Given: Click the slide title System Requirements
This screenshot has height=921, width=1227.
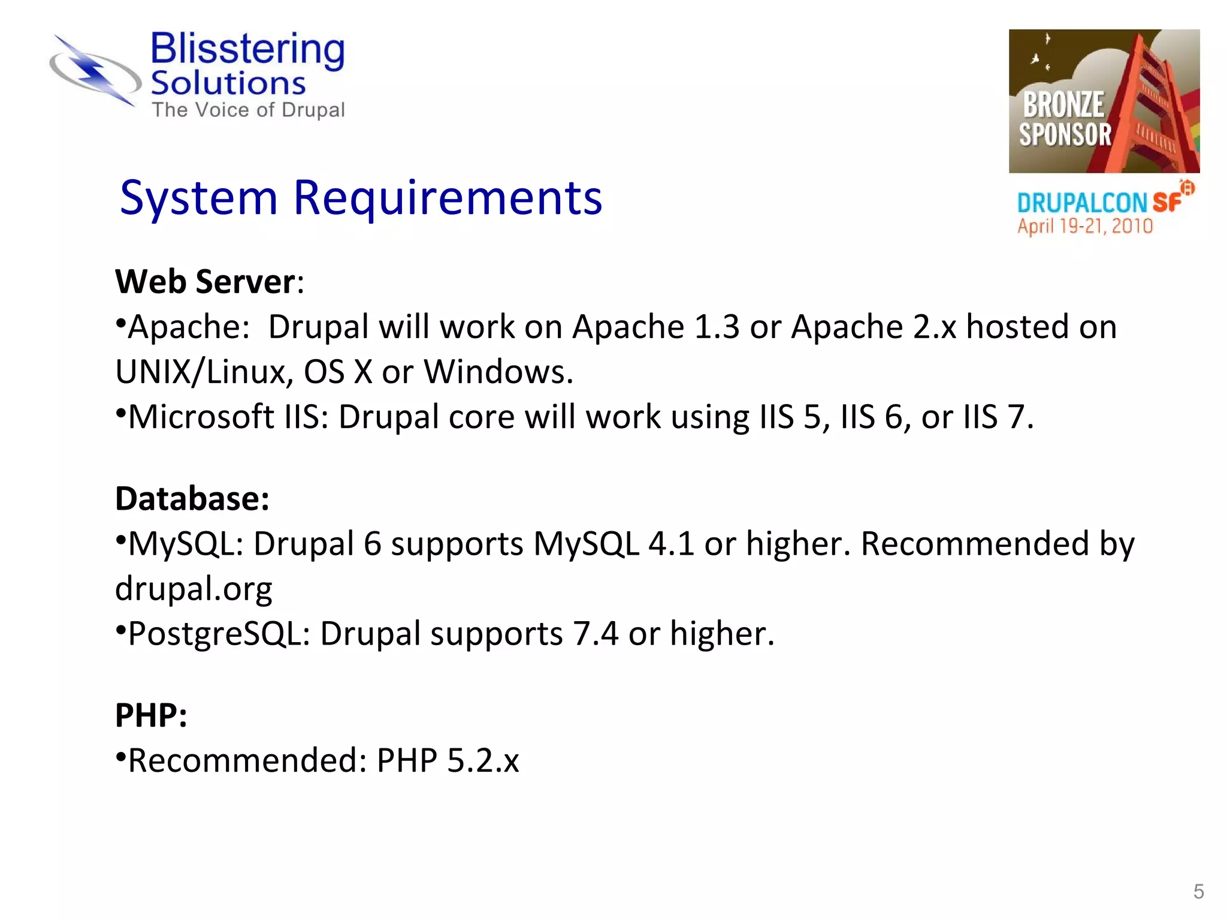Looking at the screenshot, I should (x=361, y=198).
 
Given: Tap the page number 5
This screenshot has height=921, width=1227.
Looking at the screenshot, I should (x=1198, y=891).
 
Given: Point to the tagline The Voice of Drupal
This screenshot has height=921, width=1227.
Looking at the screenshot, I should (x=248, y=110).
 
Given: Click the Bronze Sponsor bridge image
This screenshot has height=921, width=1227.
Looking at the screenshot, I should (x=1104, y=101).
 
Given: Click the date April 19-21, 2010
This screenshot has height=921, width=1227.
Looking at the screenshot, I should (x=1084, y=226).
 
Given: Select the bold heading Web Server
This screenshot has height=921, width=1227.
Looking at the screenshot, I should (x=205, y=281).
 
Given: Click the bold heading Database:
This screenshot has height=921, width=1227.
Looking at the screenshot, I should (x=192, y=498).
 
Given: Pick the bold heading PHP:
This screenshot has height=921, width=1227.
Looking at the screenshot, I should (x=151, y=715).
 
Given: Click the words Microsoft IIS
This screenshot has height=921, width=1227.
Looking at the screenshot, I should (x=224, y=417).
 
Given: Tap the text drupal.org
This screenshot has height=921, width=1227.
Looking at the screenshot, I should (x=194, y=589).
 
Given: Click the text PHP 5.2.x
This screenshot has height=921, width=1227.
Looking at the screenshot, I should (x=448, y=760).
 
